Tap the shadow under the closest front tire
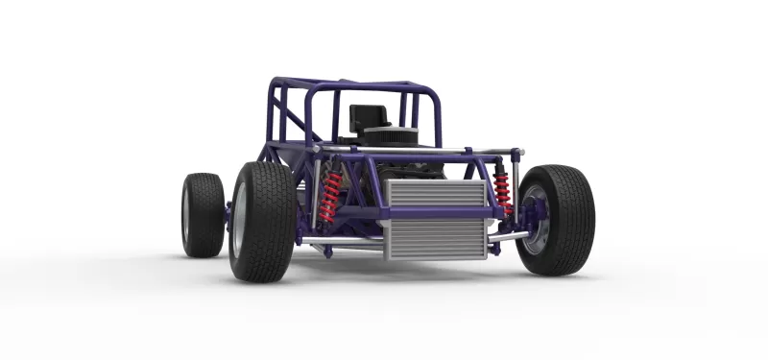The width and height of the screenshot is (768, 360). pyautogui.click(x=278, y=280)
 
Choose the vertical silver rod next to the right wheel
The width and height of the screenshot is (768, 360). pyautogui.click(x=516, y=187)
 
